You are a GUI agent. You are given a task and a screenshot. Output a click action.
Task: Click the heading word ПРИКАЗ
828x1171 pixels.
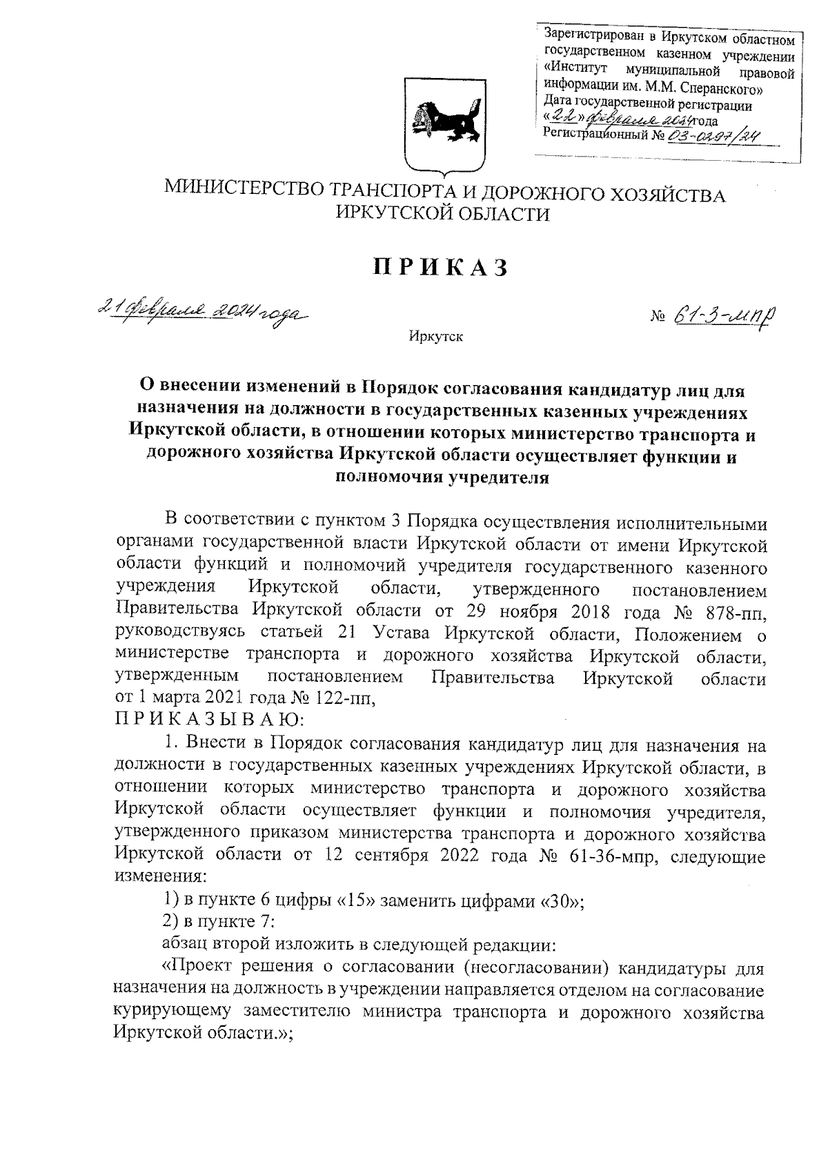click(442, 268)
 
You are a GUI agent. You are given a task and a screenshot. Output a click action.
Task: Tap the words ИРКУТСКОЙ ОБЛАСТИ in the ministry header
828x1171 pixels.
click(442, 215)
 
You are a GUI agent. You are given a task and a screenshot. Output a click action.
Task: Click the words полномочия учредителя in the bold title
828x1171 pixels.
click(442, 477)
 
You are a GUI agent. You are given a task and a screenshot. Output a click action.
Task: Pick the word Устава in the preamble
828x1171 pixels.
click(396, 633)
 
